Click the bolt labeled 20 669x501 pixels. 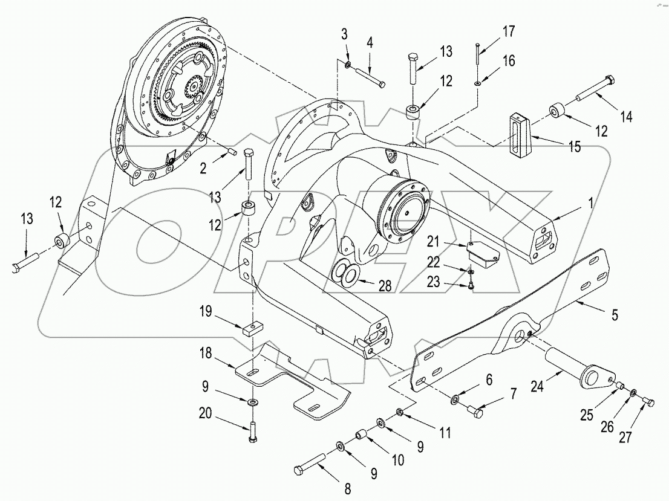pos(252,430)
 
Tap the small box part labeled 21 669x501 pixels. pos(481,252)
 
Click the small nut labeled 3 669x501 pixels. pos(348,63)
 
